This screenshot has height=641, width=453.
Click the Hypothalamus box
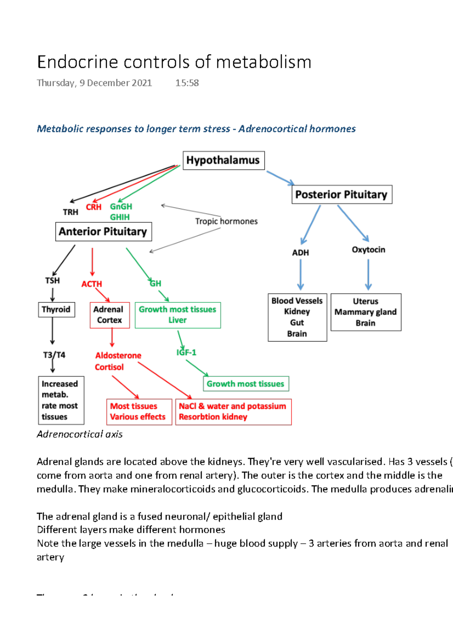(223, 160)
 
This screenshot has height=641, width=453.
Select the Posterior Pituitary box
(342, 194)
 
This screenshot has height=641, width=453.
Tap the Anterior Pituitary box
(103, 231)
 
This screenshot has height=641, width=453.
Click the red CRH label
(94, 207)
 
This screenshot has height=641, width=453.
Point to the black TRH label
(71, 212)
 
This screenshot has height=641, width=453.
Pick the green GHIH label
(120, 217)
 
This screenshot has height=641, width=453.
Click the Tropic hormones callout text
(226, 221)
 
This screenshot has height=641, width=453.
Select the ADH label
(300, 253)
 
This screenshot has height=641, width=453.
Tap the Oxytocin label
(368, 250)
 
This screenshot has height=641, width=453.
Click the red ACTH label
(92, 284)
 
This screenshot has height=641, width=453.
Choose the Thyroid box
(56, 310)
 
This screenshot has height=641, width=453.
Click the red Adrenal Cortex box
(109, 315)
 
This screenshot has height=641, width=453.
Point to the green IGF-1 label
(186, 352)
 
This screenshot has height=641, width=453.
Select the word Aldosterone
(118, 355)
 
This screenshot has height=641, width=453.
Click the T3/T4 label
(54, 355)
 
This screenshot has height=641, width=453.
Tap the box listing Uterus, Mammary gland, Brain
(365, 312)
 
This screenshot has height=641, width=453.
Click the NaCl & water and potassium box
(233, 411)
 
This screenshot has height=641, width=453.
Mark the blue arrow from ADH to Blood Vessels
(300, 274)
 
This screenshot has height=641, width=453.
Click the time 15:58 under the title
(187, 83)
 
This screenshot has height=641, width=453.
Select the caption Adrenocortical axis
(80, 434)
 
